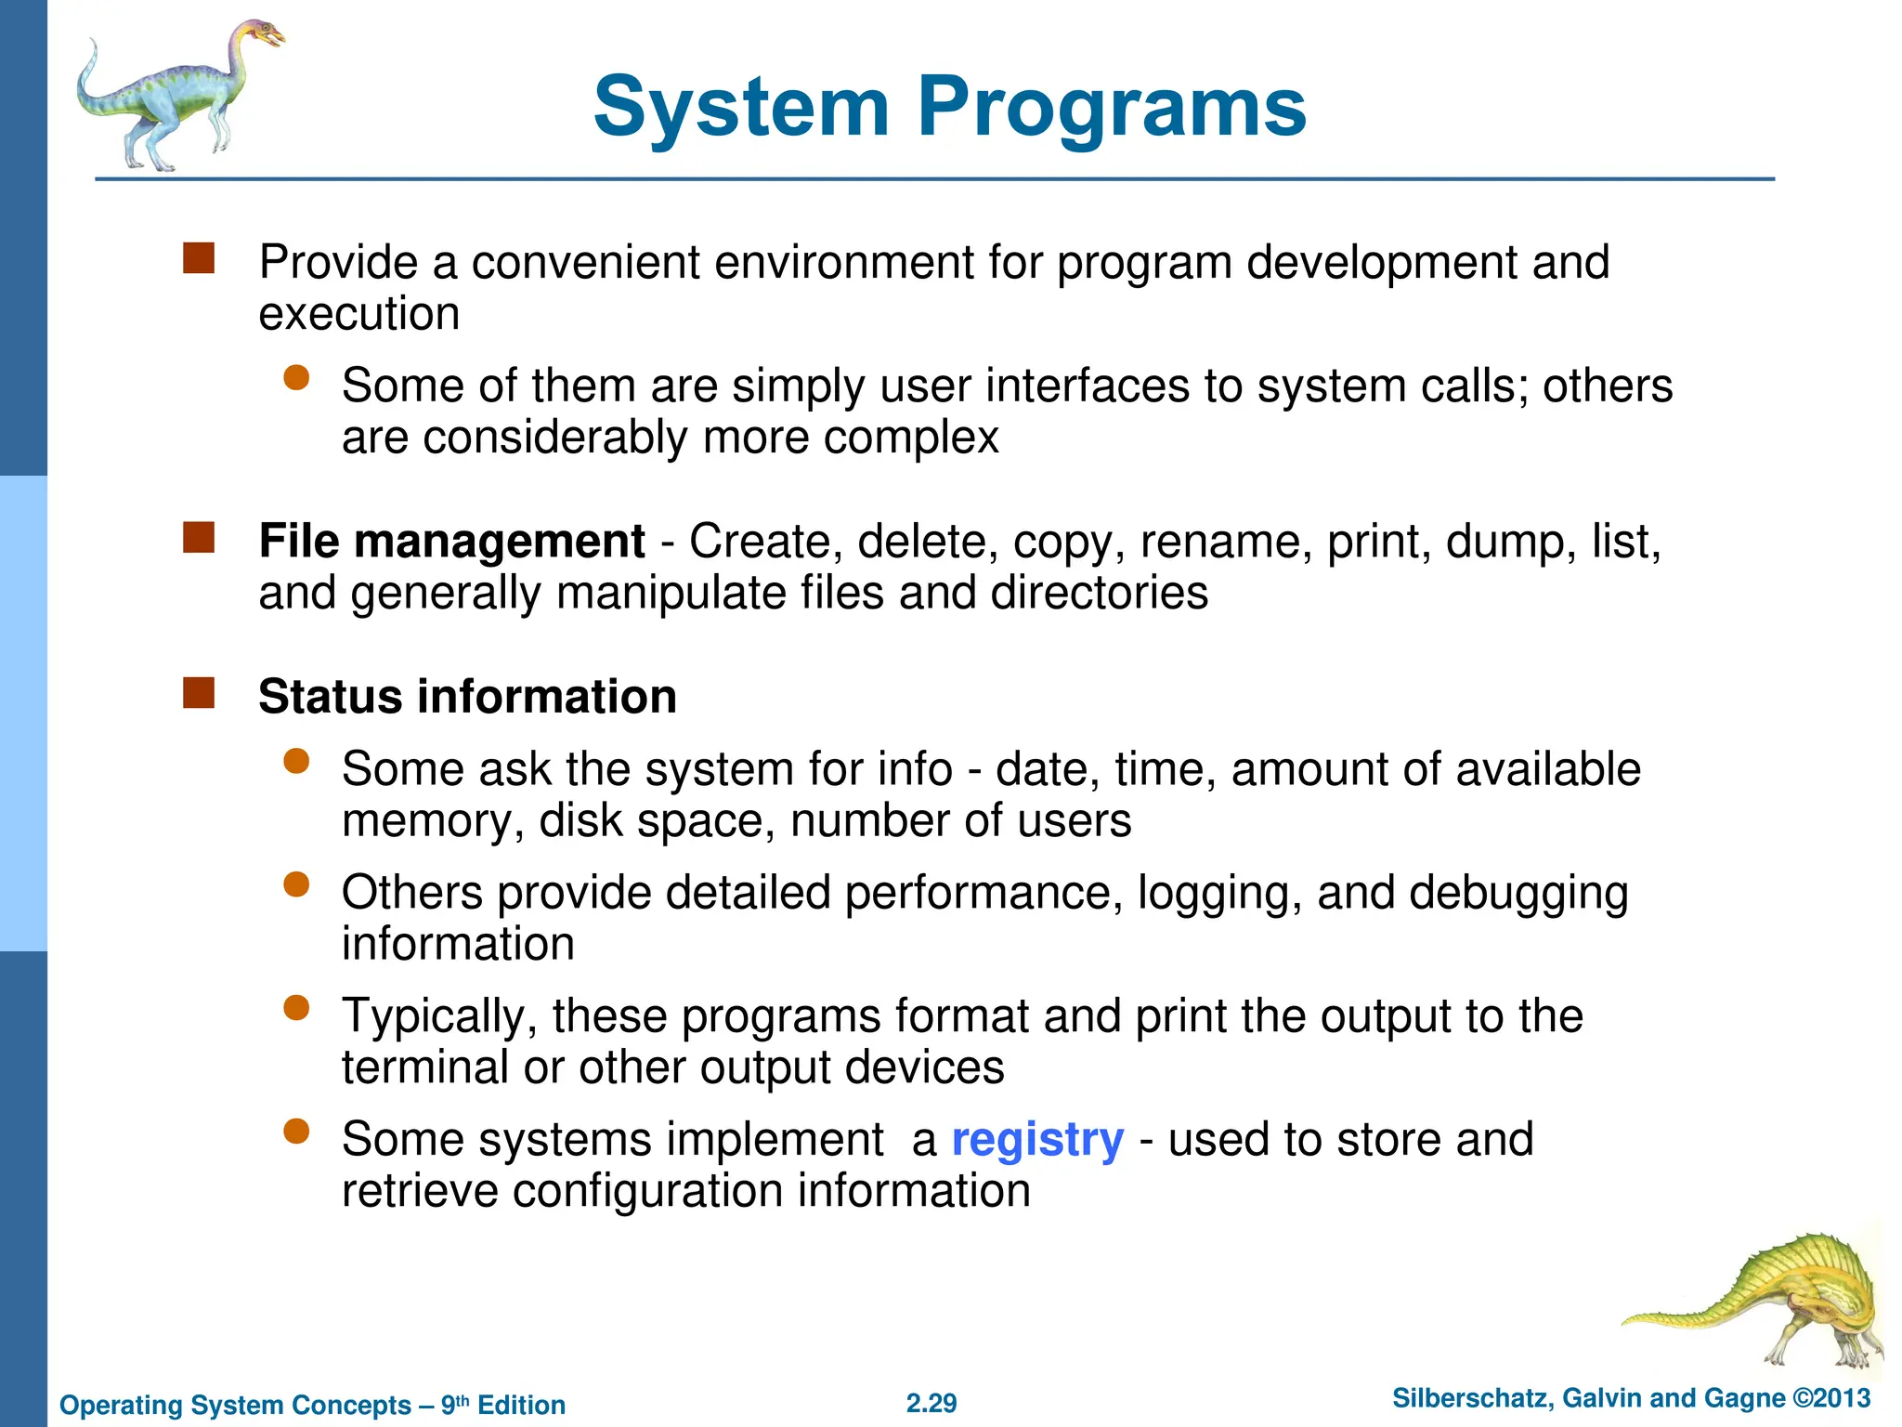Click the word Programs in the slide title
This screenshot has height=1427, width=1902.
(1112, 108)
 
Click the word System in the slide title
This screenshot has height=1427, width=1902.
(741, 108)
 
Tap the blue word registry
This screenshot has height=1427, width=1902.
(1037, 1140)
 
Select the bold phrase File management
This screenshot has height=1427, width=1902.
(451, 542)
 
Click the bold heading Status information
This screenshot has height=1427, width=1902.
(467, 697)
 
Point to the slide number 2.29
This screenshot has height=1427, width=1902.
(931, 1403)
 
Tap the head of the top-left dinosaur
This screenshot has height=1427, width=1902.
(262, 35)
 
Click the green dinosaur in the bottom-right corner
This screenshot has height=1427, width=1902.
(1765, 1301)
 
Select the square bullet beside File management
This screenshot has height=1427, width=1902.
(199, 538)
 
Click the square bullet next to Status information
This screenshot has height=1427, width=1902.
(199, 693)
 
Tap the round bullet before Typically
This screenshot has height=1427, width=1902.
(296, 1008)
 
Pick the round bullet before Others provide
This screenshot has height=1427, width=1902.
(296, 884)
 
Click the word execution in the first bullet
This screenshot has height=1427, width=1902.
(359, 315)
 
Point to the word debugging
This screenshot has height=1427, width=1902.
(1518, 894)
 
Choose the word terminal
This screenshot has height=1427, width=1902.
(424, 1068)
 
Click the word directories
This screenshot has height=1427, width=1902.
(1100, 594)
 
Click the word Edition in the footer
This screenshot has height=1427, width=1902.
(521, 1405)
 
